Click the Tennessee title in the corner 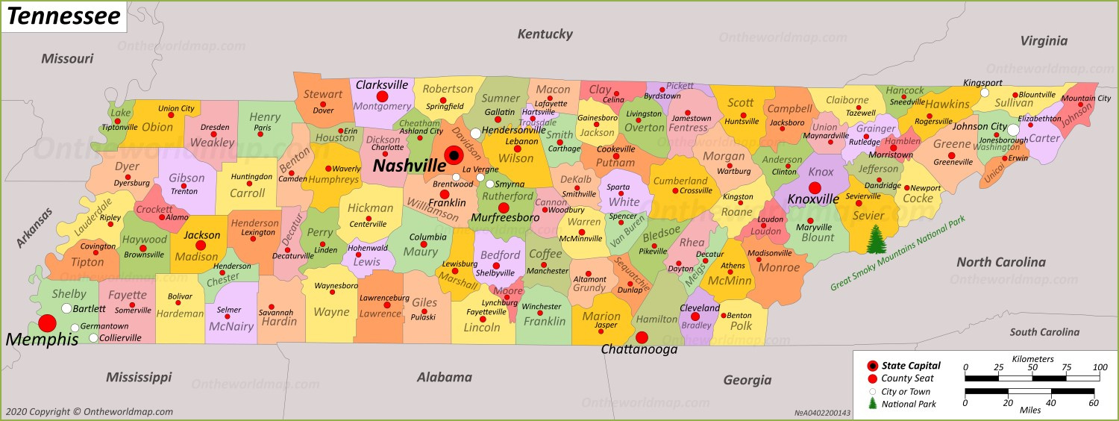pos(63,16)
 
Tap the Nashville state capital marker pos(453,155)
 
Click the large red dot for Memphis pos(47,323)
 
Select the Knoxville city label pos(814,200)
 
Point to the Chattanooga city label pos(639,349)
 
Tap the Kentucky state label pos(545,34)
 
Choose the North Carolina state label pos(1000,262)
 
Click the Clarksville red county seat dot pos(382,97)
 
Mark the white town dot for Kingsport pos(984,93)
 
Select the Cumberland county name pos(680,180)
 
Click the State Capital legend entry pos(910,366)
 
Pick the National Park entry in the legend pos(909,404)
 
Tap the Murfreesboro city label pos(505,218)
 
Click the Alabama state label pos(445,377)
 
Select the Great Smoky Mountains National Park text pos(899,253)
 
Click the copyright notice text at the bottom pos(90,411)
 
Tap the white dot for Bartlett pos(66,308)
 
